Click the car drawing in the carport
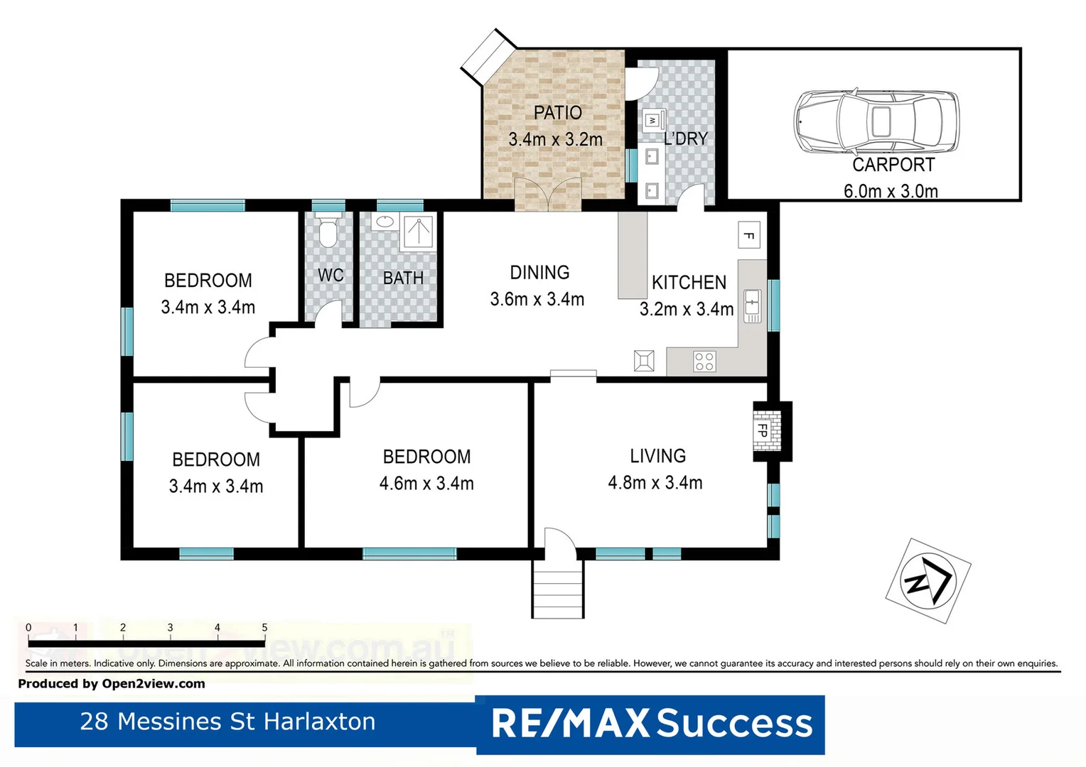(x=876, y=121)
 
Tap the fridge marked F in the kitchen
(x=748, y=235)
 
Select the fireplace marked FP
(x=765, y=430)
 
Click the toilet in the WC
(x=328, y=232)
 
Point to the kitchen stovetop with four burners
(x=704, y=361)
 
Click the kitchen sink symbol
(x=752, y=306)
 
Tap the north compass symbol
(x=928, y=580)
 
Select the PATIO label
(x=557, y=113)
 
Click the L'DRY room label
(x=686, y=138)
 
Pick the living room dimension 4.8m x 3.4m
(x=655, y=483)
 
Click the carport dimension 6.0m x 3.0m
(x=891, y=191)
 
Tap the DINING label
(x=539, y=273)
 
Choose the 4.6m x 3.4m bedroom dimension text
(x=426, y=484)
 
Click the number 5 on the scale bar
(x=264, y=628)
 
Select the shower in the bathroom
(x=419, y=232)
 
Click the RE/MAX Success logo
(x=651, y=724)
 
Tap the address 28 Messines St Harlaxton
(x=227, y=722)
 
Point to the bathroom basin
(x=385, y=222)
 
